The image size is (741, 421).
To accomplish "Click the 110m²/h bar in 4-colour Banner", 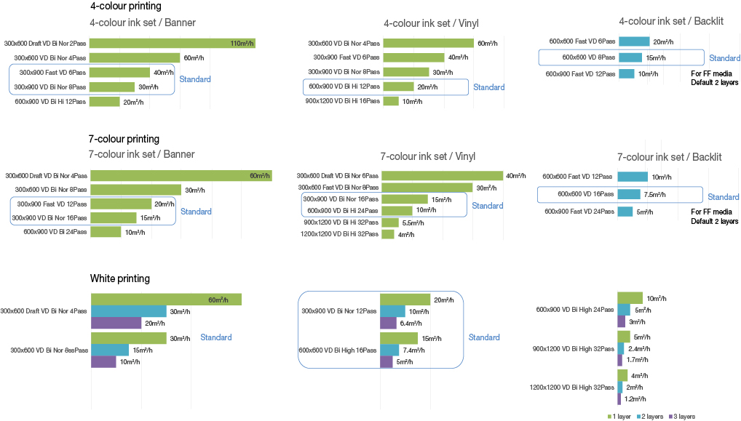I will click(x=172, y=44).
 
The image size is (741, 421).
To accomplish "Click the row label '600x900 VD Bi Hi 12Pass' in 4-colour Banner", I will click(x=50, y=102).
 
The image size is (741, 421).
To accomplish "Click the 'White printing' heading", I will click(x=119, y=278).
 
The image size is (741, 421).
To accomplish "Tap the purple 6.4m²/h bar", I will click(x=388, y=324).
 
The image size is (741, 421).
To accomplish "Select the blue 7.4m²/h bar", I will click(x=389, y=350).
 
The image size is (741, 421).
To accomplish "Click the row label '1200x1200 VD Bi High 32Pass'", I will click(x=571, y=388).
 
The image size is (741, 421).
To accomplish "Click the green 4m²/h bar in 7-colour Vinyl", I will click(x=387, y=234).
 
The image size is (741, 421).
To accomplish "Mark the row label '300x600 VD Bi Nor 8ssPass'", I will click(x=49, y=350).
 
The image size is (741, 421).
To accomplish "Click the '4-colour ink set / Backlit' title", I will click(x=670, y=22).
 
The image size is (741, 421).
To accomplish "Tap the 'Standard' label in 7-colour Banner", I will click(x=196, y=212).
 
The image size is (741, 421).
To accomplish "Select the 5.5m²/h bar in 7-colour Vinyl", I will click(x=389, y=222).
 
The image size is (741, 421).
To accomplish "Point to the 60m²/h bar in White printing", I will click(x=165, y=300).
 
